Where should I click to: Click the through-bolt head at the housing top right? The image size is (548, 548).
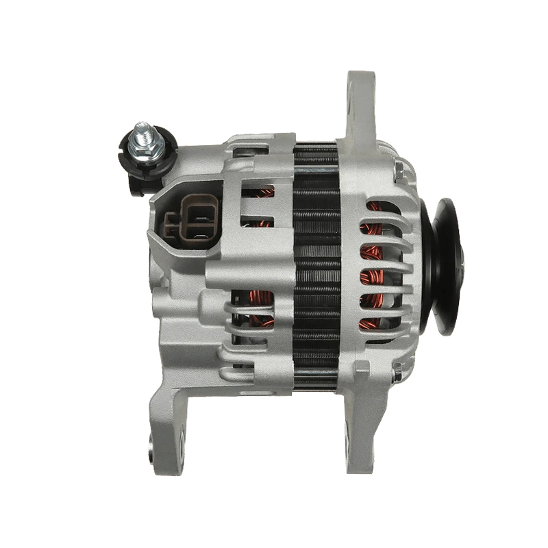pyautogui.click(x=398, y=167)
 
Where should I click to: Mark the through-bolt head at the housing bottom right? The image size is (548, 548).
pyautogui.click(x=397, y=373)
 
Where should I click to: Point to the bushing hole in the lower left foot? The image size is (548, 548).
pyautogui.click(x=151, y=452)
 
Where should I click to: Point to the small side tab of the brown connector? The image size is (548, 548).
pyautogui.click(x=168, y=222)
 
